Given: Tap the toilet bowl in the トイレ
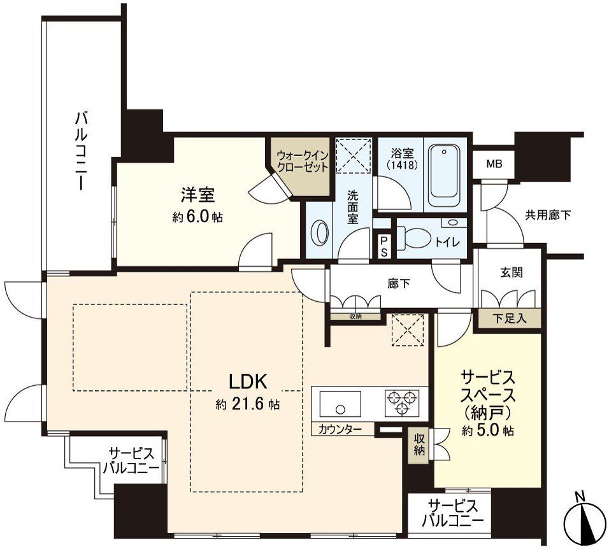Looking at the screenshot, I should [x=417, y=238].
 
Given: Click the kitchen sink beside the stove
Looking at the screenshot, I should [x=340, y=402].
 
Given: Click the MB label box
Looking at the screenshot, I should [x=494, y=164].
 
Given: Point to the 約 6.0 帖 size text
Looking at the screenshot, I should [x=197, y=217].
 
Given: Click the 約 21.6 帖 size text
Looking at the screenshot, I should [x=248, y=404].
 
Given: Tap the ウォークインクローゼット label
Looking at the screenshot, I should [x=303, y=161].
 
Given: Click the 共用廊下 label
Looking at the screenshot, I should [x=548, y=215].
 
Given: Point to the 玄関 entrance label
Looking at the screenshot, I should [x=510, y=272].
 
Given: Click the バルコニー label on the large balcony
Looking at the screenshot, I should [x=80, y=151].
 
